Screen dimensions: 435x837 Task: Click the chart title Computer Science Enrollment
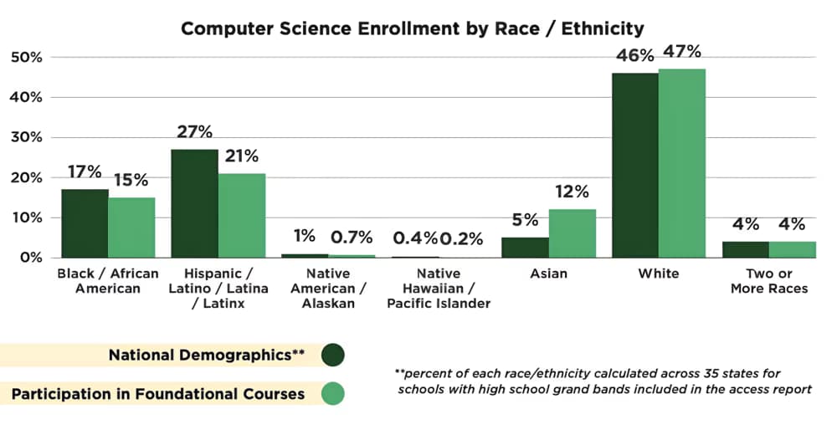[x=413, y=28]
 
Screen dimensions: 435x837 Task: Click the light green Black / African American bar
[x=131, y=227]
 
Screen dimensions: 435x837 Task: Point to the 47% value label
[x=681, y=52]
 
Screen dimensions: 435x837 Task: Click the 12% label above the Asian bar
[x=572, y=192]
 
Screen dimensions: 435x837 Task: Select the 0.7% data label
[x=352, y=238]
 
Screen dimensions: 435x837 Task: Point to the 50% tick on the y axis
[x=25, y=57]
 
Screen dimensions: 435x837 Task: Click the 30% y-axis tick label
[x=25, y=137]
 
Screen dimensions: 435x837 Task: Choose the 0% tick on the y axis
[x=29, y=258]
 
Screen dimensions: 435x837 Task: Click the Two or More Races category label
[x=769, y=281]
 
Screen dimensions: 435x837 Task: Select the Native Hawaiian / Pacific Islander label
[x=438, y=288]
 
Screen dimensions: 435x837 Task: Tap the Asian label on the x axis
[x=548, y=274]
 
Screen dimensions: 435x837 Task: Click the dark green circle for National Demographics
[x=331, y=355]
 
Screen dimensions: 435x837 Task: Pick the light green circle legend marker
[x=331, y=393]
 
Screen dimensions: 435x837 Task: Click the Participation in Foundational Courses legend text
[x=157, y=393]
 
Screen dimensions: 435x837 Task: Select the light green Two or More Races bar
[x=792, y=249]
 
